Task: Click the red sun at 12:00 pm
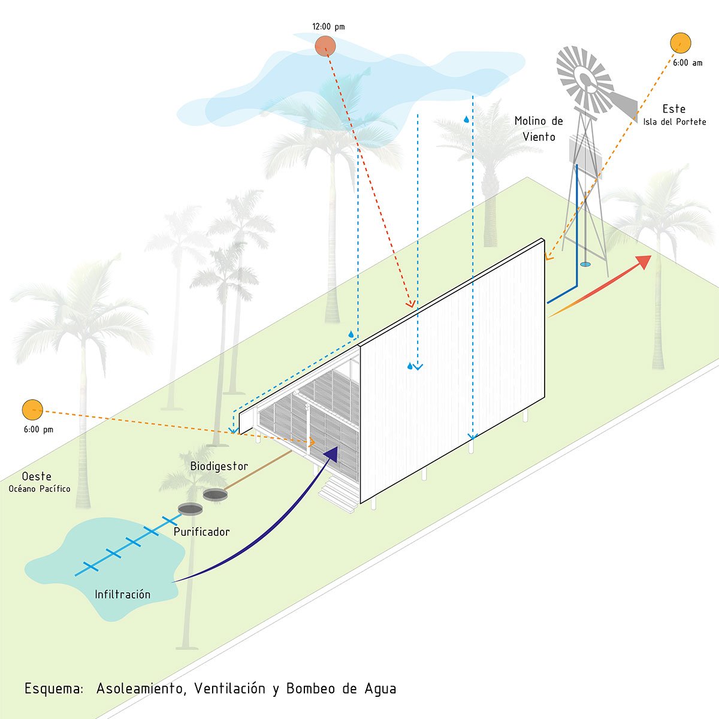(x=325, y=46)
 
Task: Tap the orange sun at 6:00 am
(x=680, y=43)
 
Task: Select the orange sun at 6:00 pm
(x=32, y=410)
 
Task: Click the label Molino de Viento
(x=539, y=129)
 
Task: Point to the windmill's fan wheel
(x=585, y=80)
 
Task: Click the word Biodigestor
(x=219, y=466)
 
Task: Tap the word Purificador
(x=201, y=532)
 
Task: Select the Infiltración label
(x=122, y=594)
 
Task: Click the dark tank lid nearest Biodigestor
(x=215, y=495)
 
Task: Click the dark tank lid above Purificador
(x=190, y=509)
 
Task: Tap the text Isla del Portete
(x=675, y=122)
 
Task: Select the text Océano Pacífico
(x=40, y=489)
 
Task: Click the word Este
(x=673, y=109)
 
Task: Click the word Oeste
(x=37, y=477)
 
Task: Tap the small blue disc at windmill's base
(x=585, y=264)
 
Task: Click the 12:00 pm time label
(x=328, y=27)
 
